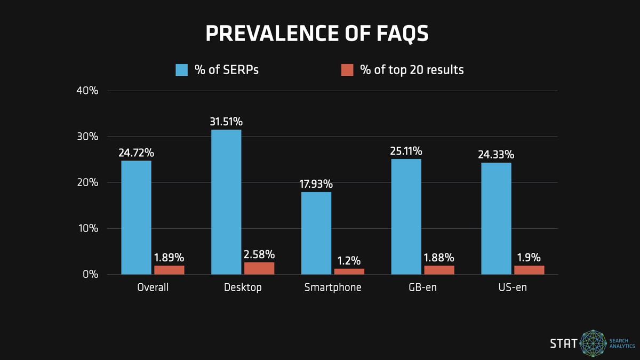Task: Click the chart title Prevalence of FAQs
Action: coord(317,33)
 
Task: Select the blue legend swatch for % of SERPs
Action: coord(182,70)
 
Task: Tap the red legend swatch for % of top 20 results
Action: coord(347,70)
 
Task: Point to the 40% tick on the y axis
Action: coord(88,91)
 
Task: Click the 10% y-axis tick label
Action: coord(88,228)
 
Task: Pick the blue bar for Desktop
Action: coord(226,202)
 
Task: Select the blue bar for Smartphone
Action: coord(316,233)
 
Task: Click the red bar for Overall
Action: coord(169,270)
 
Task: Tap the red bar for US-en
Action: coord(529,270)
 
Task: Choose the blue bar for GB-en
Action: coord(406,217)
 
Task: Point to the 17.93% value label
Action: coord(316,184)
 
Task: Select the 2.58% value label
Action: coord(259,254)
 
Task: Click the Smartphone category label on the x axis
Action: coord(333,287)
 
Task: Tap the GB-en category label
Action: coord(423,287)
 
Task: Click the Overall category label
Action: coord(153,287)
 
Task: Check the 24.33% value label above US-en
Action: coord(496,155)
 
